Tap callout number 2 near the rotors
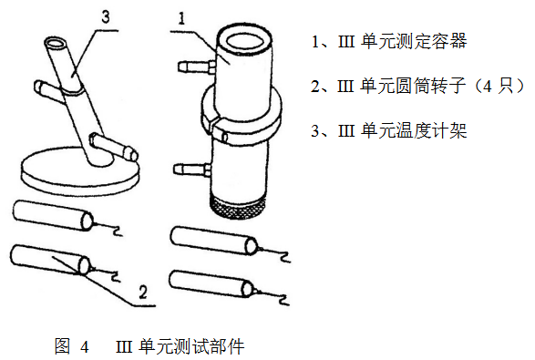(x=142, y=292)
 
